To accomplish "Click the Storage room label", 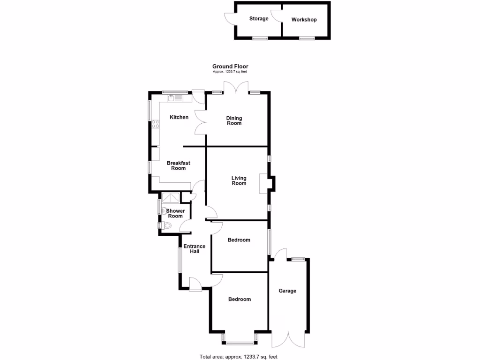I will tap(259, 19).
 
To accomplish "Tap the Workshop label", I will tap(304, 20).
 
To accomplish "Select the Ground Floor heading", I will tap(230, 67).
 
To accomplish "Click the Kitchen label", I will tap(179, 117).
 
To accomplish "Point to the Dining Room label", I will tap(234, 120).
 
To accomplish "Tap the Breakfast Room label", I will tap(178, 165).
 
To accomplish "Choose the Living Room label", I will tap(239, 180).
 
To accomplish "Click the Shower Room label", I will tap(175, 213).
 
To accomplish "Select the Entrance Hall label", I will tap(194, 249).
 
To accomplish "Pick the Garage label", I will tap(287, 291).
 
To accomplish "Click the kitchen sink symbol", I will tap(175, 98).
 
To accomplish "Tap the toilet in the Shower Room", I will tap(167, 226).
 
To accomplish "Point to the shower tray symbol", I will tap(171, 198).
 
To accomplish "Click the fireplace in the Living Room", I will tap(264, 184).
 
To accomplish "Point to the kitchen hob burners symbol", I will tap(155, 124).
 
